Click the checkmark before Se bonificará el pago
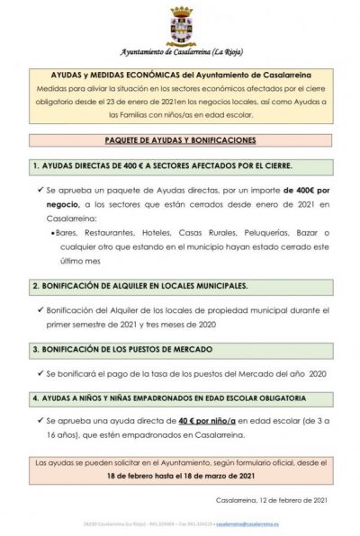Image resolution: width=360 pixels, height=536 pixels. coord(41,371)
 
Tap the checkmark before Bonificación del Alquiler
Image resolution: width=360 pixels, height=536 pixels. coord(41,308)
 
